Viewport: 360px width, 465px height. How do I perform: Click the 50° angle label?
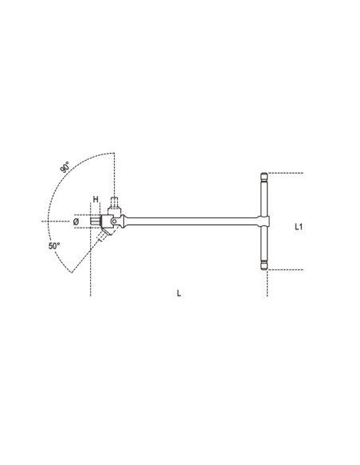(x=53, y=247)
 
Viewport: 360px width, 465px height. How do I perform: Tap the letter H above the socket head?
(x=96, y=200)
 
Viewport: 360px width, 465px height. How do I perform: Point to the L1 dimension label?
(x=296, y=227)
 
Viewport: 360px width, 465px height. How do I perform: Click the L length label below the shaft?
(x=178, y=292)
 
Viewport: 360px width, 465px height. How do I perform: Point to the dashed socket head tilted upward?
(x=116, y=205)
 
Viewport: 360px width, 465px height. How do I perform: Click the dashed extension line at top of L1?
(x=287, y=172)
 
